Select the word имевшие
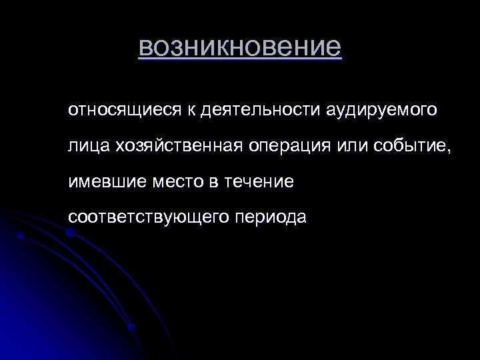[104, 181]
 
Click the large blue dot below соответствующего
[70, 233]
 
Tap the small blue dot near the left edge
[21, 236]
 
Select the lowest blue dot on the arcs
[132, 327]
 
